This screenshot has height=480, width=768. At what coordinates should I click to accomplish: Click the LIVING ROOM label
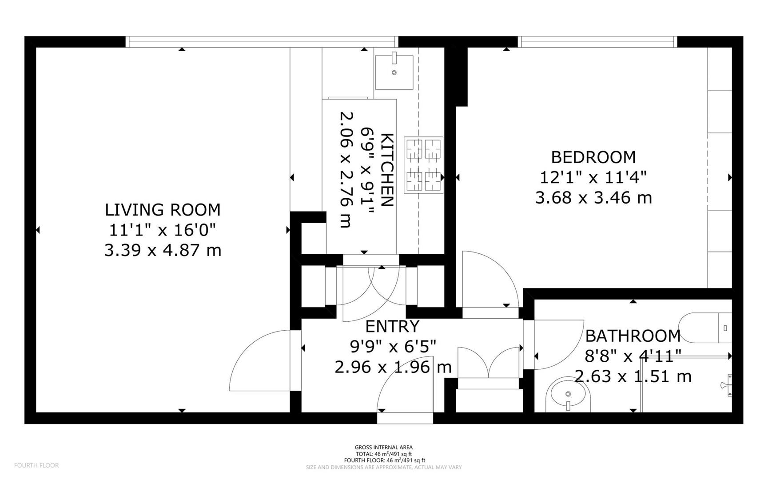click(163, 210)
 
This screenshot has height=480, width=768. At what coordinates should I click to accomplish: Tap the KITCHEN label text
click(387, 170)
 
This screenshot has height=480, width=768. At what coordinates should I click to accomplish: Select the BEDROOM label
click(593, 157)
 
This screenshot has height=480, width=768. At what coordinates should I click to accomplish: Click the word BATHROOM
click(633, 336)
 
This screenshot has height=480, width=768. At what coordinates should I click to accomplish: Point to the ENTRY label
click(392, 327)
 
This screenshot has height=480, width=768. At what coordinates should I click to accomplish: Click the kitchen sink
click(394, 72)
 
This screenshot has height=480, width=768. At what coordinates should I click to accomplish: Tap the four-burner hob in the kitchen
click(423, 164)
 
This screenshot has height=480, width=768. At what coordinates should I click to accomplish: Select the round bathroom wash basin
click(570, 395)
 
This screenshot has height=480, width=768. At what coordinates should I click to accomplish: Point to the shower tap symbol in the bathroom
click(727, 384)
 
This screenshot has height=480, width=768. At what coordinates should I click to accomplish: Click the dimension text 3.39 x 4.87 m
click(163, 250)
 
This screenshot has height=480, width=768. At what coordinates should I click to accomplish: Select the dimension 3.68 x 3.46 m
click(593, 197)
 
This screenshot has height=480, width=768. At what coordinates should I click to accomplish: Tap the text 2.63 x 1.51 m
click(633, 376)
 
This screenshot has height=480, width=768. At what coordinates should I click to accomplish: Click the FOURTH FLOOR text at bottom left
click(36, 465)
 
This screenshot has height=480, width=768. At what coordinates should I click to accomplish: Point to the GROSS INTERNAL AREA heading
click(383, 447)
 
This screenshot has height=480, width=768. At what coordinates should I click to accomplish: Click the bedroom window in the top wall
click(597, 42)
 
